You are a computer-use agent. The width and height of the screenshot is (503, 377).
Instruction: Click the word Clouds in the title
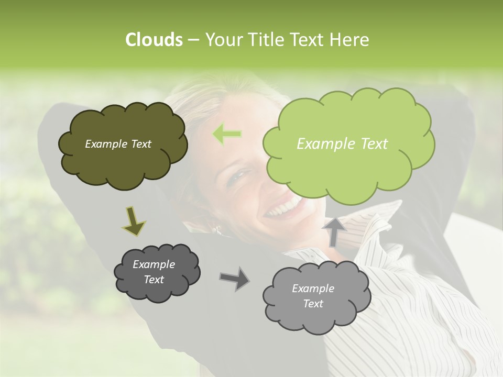coord(154,40)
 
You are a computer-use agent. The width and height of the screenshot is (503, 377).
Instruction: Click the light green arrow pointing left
coord(227,134)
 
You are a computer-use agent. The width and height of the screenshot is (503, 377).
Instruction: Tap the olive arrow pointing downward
coord(134,220)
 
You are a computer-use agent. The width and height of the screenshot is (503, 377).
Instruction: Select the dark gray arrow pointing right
coord(234,279)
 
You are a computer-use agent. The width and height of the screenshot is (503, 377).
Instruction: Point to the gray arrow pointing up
coord(334,232)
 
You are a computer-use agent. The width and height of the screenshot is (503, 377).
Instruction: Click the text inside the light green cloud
coord(342,143)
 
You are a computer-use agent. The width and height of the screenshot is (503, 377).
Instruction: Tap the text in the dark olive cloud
coord(118,144)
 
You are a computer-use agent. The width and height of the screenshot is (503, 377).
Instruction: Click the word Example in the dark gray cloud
coord(154,264)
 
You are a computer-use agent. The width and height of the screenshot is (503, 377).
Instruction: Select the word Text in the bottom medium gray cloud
coord(313,304)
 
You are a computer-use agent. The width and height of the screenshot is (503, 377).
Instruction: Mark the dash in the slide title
coord(193,40)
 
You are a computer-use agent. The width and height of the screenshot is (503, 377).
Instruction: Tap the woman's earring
coord(216,229)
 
